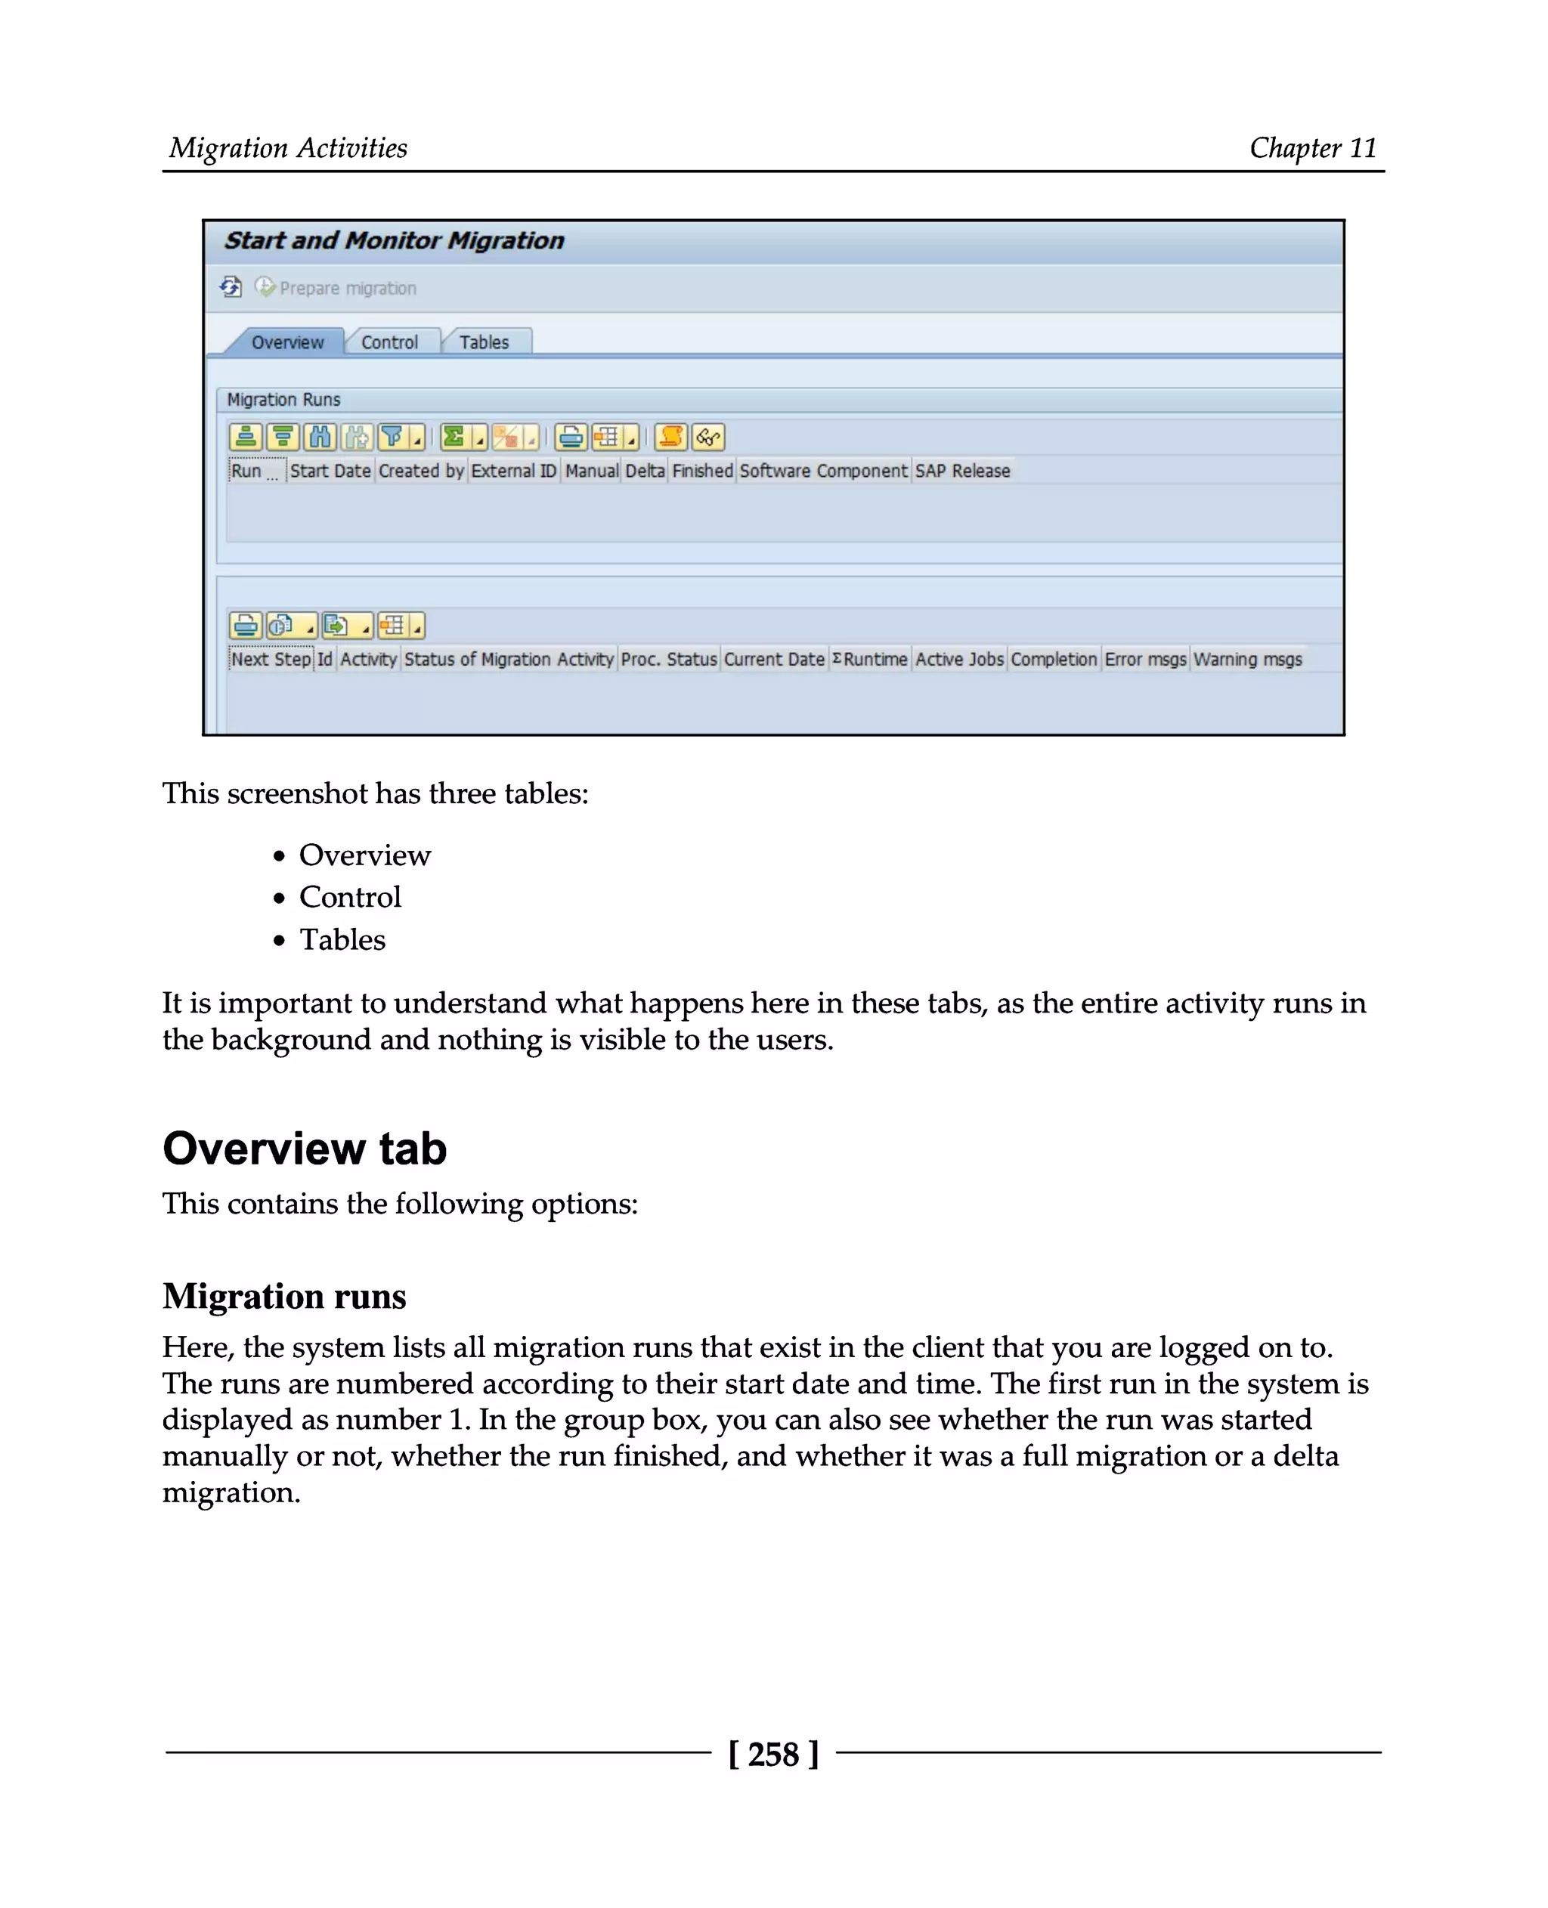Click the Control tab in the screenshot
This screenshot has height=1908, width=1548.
pyautogui.click(x=390, y=342)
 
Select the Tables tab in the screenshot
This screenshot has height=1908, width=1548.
pyautogui.click(x=485, y=342)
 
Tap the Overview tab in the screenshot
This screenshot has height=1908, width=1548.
pyautogui.click(x=287, y=342)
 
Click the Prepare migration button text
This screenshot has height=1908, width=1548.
pyautogui.click(x=348, y=288)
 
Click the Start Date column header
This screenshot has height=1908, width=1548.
pyautogui.click(x=330, y=471)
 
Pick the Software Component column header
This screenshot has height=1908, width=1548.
pyautogui.click(x=823, y=471)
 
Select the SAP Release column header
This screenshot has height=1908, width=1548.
pyautogui.click(x=962, y=471)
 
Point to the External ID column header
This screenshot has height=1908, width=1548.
pyautogui.click(x=514, y=471)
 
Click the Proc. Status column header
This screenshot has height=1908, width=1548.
pyautogui.click(x=669, y=660)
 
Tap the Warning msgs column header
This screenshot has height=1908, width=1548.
pyautogui.click(x=1247, y=660)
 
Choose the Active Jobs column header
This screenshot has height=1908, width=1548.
pyautogui.click(x=959, y=660)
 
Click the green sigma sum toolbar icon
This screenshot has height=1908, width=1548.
pyautogui.click(x=454, y=437)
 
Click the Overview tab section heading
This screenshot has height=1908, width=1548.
pyautogui.click(x=304, y=1149)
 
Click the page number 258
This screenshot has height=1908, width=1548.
pyautogui.click(x=773, y=1755)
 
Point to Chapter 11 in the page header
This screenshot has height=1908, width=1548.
pyautogui.click(x=1313, y=148)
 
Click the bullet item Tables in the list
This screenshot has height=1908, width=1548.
pyautogui.click(x=342, y=940)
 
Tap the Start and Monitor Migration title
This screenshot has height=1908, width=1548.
pyautogui.click(x=394, y=241)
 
